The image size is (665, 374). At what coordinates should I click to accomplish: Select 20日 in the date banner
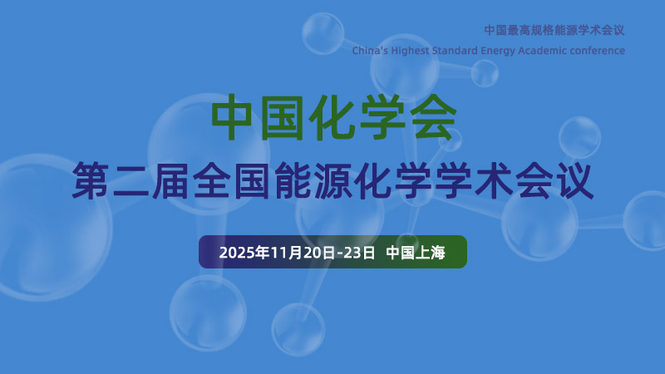pyautogui.click(x=317, y=252)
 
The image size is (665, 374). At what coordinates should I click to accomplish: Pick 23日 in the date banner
pyautogui.click(x=362, y=252)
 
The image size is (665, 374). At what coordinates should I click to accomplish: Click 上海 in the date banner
pyautogui.click(x=430, y=252)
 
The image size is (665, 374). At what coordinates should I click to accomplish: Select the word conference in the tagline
pyautogui.click(x=596, y=51)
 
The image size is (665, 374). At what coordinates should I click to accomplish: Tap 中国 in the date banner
pyautogui.click(x=400, y=252)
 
